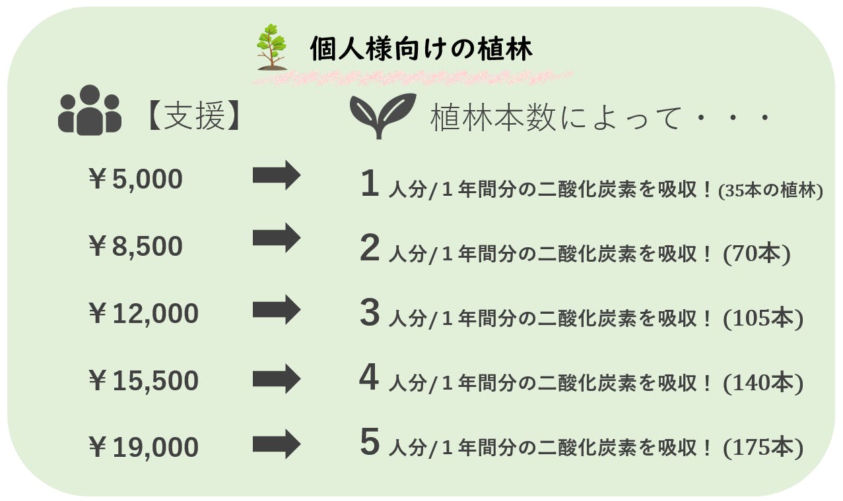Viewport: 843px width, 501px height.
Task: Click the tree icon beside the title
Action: coord(271,47)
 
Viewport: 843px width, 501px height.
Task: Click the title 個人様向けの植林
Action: coord(421,49)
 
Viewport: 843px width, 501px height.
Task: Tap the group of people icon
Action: coord(90,110)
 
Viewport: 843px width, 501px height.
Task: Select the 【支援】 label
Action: coord(195,116)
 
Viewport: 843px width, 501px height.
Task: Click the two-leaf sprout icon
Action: coord(383,115)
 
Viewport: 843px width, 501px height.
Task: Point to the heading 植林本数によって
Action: coord(555,118)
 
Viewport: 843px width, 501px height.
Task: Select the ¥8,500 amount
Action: coord(135,246)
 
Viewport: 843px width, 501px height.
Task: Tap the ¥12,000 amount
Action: coord(143,313)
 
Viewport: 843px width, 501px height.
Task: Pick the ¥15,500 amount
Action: coord(143,380)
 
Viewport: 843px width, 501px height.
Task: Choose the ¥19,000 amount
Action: coord(143,447)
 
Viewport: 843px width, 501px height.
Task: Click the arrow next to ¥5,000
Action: coord(277,175)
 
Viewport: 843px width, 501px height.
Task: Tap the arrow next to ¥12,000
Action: coord(277,310)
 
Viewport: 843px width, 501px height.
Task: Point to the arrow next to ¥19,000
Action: coord(277,444)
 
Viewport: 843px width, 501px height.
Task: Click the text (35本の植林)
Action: coord(770,191)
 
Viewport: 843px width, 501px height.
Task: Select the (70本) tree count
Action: coord(757,254)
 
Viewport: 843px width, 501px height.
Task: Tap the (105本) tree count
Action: coord(763,318)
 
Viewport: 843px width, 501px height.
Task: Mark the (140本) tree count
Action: coord(763,384)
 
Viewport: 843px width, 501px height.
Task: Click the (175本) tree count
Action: coord(763,448)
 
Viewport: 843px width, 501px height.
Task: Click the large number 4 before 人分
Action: coord(369,377)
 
